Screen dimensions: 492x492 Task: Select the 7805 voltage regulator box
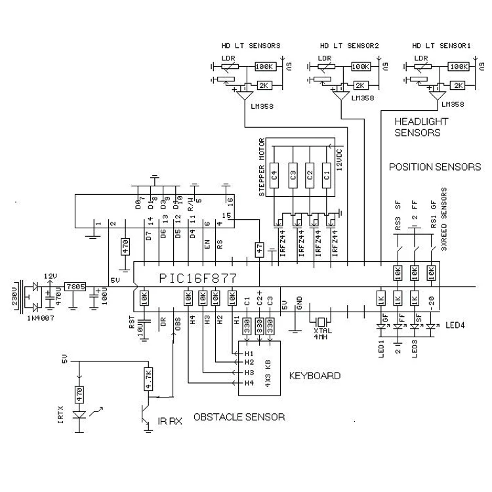73,287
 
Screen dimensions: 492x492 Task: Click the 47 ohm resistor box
260,249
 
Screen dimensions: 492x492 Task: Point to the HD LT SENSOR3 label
253,46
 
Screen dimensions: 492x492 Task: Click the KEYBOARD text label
315,376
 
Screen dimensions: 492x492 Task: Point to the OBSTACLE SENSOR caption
239,417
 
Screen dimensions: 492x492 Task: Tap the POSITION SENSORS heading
435,167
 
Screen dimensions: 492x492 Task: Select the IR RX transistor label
169,422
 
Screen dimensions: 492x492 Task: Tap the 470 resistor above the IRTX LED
79,394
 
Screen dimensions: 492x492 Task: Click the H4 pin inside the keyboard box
249,382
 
